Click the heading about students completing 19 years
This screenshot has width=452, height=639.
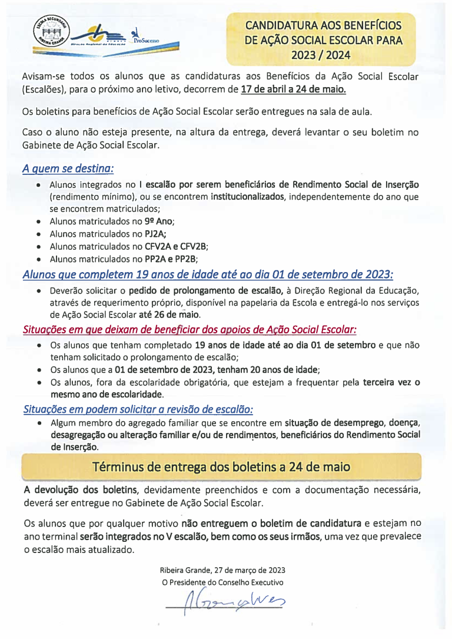click(207, 274)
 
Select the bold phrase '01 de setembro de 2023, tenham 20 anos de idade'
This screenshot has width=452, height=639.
click(217, 370)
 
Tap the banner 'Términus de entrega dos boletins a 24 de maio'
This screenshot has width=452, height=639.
click(221, 467)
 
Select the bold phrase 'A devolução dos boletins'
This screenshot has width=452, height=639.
click(81, 490)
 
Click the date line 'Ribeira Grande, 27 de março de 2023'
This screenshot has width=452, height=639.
click(222, 570)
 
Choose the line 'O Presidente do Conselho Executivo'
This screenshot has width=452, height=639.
click(222, 582)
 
